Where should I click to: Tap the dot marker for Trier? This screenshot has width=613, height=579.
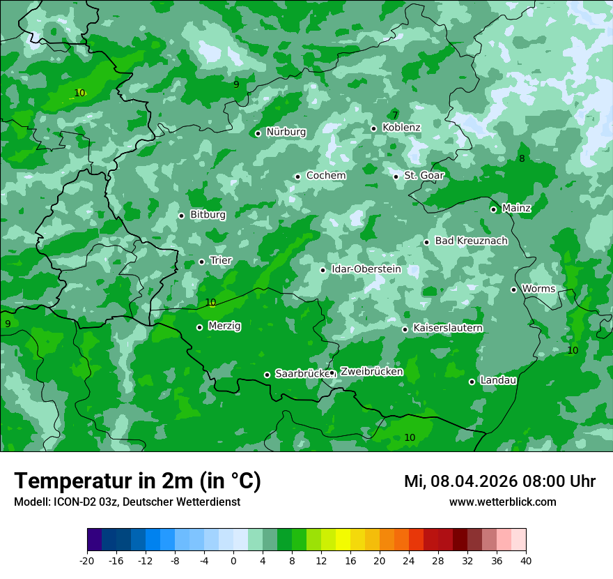[x=202, y=262]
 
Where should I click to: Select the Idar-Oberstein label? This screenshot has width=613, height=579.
[x=366, y=269]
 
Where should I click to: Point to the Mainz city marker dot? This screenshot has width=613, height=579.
[x=493, y=209]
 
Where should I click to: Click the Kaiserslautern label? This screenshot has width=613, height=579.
[x=448, y=328]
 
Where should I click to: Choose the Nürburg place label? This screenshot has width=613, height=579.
[x=286, y=132]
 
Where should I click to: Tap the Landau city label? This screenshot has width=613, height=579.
[x=498, y=380]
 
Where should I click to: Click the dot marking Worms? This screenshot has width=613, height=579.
[x=513, y=289]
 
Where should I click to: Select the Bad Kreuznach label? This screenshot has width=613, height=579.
[x=471, y=241]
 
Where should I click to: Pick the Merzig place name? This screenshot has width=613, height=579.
[x=224, y=326]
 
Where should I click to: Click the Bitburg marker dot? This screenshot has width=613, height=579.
[x=181, y=216]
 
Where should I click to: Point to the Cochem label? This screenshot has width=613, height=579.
[x=326, y=175]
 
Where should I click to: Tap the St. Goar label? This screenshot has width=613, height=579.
[x=424, y=175]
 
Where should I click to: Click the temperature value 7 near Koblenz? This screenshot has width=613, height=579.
[x=395, y=115]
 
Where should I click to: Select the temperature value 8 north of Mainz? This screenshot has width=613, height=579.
[x=522, y=158]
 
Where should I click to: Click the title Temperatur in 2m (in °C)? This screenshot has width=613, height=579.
[x=137, y=481]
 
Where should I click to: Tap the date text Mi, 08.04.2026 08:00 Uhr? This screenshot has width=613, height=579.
[x=499, y=481]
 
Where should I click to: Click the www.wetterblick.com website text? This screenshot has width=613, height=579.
[x=502, y=502]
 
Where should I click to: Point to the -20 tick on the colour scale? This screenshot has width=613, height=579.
[x=87, y=560]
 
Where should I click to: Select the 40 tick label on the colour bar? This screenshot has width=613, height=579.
[x=526, y=560]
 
